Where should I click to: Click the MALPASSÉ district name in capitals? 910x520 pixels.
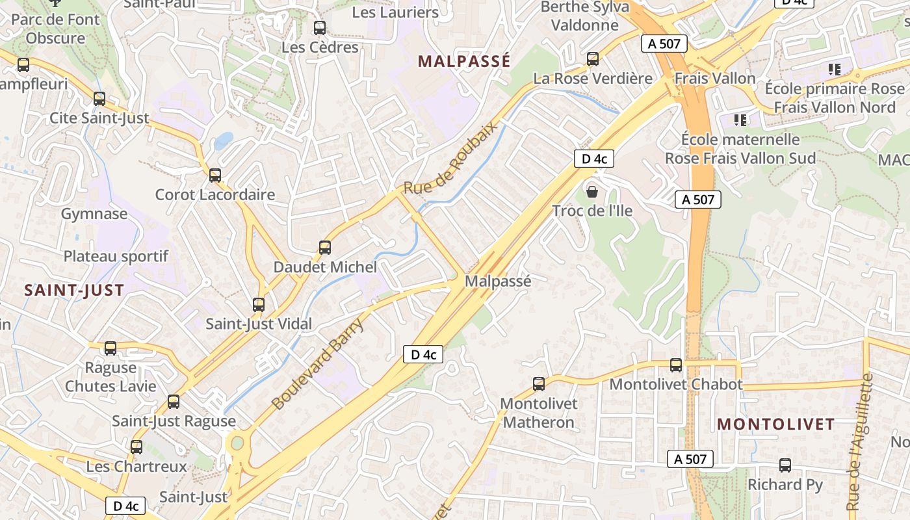point(463,62)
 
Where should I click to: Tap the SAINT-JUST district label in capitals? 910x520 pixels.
point(74,291)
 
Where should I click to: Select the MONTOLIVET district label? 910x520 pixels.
point(775,424)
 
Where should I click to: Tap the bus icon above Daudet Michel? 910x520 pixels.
point(325,248)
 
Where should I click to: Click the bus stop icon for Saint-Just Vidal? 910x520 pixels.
point(259,304)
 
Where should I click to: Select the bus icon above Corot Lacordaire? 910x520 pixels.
point(215,175)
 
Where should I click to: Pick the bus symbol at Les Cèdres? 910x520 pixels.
point(320,28)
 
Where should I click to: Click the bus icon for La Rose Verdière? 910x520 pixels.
point(593,59)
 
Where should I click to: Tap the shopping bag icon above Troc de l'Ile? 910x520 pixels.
point(592,192)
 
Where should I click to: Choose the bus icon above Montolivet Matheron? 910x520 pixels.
point(539,384)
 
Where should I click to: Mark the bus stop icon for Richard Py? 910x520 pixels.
point(785,465)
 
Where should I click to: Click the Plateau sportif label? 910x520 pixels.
point(116,256)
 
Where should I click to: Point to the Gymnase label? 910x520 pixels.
point(94,214)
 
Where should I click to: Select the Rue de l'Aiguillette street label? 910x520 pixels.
point(859,442)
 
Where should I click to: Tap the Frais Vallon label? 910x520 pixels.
point(715,79)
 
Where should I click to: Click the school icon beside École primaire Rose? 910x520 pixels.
point(835,69)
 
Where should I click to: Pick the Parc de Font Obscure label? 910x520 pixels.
point(56,29)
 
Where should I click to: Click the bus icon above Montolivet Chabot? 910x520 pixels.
point(676,365)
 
